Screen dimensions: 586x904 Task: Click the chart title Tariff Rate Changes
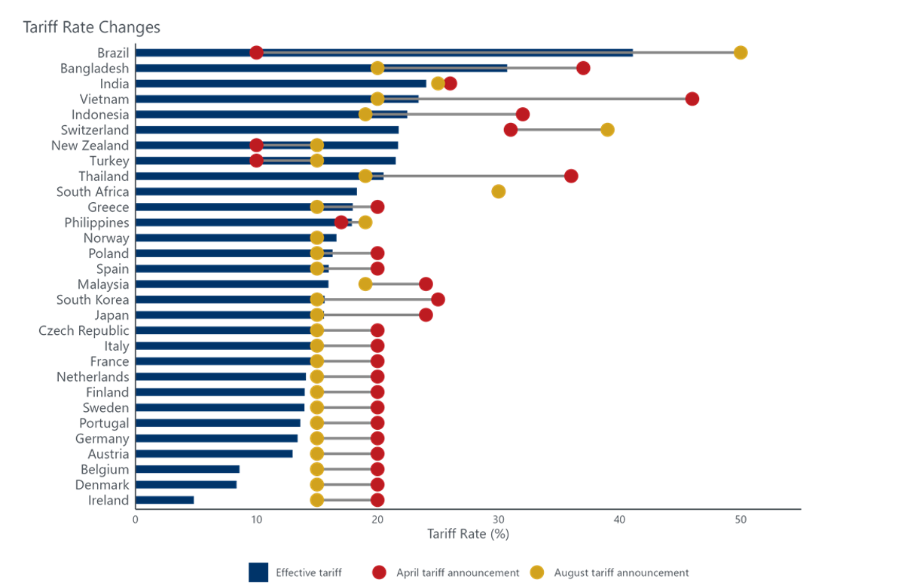(91, 27)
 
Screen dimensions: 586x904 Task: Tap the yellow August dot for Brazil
(741, 52)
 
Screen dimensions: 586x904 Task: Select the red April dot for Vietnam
(692, 99)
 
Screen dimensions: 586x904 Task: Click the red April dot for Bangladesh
(583, 68)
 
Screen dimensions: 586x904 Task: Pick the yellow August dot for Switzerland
(607, 130)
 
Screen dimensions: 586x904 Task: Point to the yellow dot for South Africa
(499, 192)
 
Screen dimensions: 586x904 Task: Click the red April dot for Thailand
(571, 176)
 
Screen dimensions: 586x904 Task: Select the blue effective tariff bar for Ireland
(165, 500)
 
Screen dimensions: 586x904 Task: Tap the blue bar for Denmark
(186, 484)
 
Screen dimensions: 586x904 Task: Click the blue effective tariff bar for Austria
(214, 453)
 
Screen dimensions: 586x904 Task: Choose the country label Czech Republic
(84, 330)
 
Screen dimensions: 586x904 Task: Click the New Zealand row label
(90, 145)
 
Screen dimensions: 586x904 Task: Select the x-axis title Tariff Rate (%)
(468, 534)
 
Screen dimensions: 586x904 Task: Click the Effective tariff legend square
(258, 572)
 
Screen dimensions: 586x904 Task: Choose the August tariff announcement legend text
(621, 572)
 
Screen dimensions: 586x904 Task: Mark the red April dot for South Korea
(438, 299)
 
